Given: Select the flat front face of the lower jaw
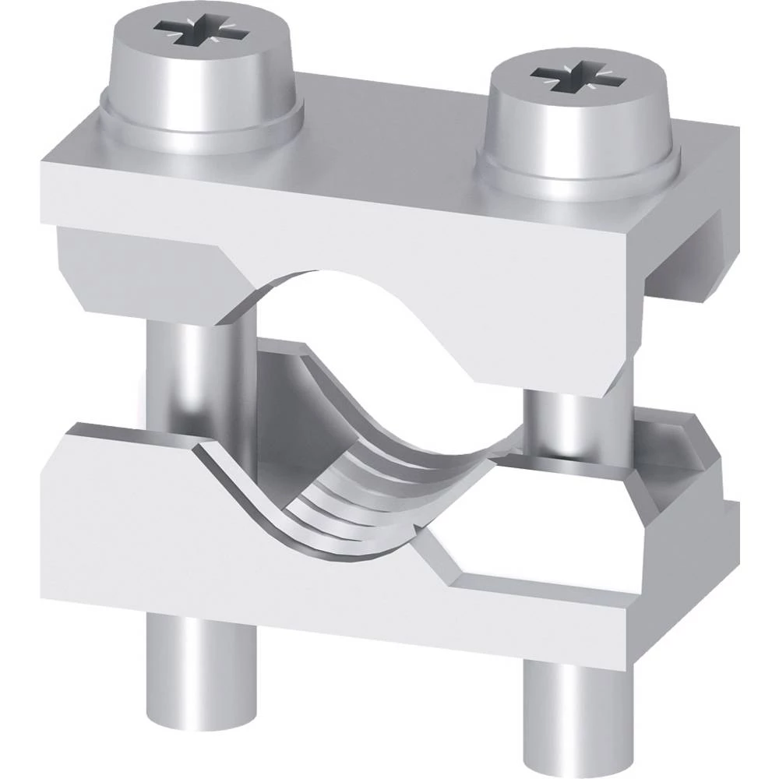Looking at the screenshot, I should tap(195, 545).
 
